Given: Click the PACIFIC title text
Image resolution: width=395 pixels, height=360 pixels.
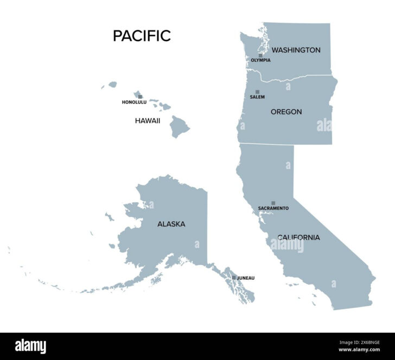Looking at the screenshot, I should tap(142, 36).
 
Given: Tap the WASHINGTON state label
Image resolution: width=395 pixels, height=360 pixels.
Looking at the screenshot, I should tap(296, 50).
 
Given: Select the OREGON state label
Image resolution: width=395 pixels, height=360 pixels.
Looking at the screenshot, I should tap(286, 112).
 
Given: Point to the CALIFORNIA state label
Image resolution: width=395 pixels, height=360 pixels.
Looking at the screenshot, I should tap(298, 237).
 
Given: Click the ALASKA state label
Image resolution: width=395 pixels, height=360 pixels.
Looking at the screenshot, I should tap(171, 224).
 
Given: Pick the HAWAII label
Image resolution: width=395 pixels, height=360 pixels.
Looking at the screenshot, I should tap(147, 121).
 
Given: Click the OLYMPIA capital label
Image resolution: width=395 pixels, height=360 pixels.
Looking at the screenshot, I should tap(260, 60).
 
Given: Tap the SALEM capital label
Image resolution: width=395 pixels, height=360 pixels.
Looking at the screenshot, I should tap(257, 97).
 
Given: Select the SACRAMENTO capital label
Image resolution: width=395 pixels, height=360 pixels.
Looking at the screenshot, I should tap(273, 208).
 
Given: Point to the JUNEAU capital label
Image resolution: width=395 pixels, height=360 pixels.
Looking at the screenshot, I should tap(245, 278).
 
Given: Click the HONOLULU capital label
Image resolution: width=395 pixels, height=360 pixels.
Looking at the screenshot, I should tap(134, 102).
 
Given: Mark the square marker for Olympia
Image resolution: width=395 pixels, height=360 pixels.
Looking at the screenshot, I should tap(260, 55).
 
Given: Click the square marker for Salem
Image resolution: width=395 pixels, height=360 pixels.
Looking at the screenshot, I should tap(257, 92).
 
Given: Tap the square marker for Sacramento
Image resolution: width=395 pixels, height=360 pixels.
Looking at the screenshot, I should tap(273, 203).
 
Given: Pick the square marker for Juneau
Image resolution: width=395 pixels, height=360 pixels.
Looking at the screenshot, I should tap(234, 278).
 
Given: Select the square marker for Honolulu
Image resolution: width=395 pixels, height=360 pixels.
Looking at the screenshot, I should tap(140, 97).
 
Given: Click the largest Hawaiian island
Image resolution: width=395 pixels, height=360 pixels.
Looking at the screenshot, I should tap(180, 127).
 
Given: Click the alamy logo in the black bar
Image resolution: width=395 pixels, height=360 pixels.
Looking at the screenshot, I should tap(30, 346).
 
